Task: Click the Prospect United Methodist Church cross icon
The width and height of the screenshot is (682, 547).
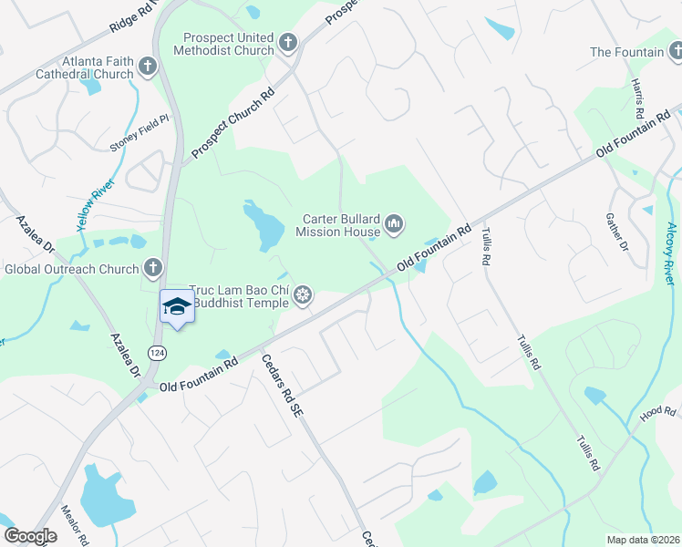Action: coord(288,42)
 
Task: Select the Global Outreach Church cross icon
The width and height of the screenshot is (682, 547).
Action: coord(153,268)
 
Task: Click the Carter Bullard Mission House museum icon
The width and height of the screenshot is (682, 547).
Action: coord(394,223)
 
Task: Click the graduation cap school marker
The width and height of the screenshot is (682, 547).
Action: coord(176,307)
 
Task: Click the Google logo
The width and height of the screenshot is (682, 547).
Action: coord(30,536)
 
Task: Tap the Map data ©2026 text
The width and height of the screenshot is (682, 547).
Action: coord(643,539)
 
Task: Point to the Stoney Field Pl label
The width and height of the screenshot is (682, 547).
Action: coord(139,133)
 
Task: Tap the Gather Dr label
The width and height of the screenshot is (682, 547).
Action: coord(616,232)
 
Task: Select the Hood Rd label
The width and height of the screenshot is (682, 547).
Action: coord(657,414)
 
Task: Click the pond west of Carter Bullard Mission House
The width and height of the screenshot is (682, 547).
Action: coord(263,225)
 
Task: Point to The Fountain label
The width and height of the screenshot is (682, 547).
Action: coord(627,52)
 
